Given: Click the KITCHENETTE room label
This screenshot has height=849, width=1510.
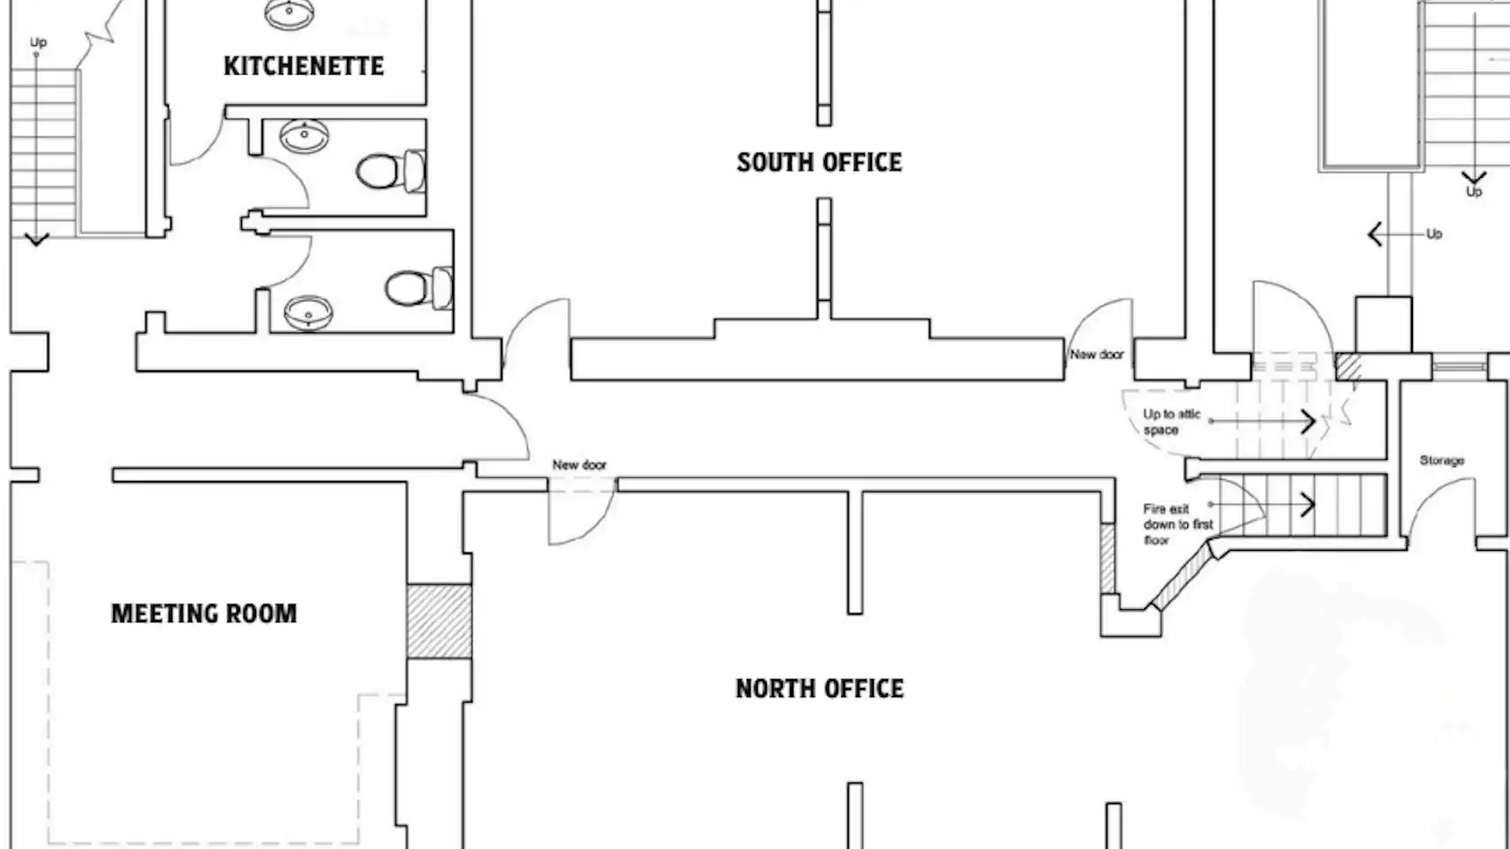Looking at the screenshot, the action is pyautogui.click(x=304, y=66).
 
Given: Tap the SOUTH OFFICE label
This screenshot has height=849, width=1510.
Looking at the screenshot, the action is pyautogui.click(x=819, y=163).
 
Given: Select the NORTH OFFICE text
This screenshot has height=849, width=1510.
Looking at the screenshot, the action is pyautogui.click(x=820, y=688).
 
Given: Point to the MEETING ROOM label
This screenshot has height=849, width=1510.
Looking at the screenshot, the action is pyautogui.click(x=203, y=614).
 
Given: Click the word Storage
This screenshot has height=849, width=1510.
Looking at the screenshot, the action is pyautogui.click(x=1442, y=461).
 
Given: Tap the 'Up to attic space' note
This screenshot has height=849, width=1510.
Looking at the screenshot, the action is pyautogui.click(x=1172, y=422).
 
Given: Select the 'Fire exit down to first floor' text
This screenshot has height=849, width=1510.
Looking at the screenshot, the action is pyautogui.click(x=1177, y=525).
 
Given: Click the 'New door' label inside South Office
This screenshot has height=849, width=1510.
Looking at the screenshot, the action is pyautogui.click(x=1097, y=354).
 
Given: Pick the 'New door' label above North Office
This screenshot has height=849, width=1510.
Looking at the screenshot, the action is pyautogui.click(x=579, y=465).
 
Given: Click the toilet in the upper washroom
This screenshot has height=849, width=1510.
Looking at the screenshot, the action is pyautogui.click(x=391, y=171).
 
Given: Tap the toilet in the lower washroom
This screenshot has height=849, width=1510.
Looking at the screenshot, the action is pyautogui.click(x=419, y=288).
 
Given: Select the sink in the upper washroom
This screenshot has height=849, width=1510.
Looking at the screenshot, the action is pyautogui.click(x=304, y=137).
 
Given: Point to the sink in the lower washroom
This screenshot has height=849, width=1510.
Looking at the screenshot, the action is pyautogui.click(x=308, y=313).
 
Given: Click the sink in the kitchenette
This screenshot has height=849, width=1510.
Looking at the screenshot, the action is pyautogui.click(x=289, y=13).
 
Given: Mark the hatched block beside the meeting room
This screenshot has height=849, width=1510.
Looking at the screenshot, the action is pyautogui.click(x=440, y=622).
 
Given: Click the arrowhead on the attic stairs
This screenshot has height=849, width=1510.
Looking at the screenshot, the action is pyautogui.click(x=1309, y=422).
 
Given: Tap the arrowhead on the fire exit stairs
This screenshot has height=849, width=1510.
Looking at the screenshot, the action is pyautogui.click(x=1308, y=505).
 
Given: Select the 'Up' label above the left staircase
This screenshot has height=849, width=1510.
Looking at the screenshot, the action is pyautogui.click(x=39, y=43).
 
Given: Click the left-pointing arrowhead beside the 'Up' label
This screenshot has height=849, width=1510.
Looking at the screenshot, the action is pyautogui.click(x=1375, y=234).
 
